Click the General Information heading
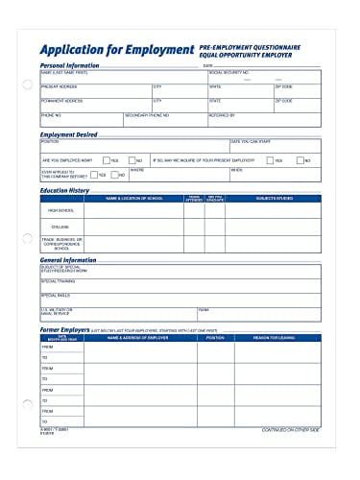pyautogui.click(x=73, y=259)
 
